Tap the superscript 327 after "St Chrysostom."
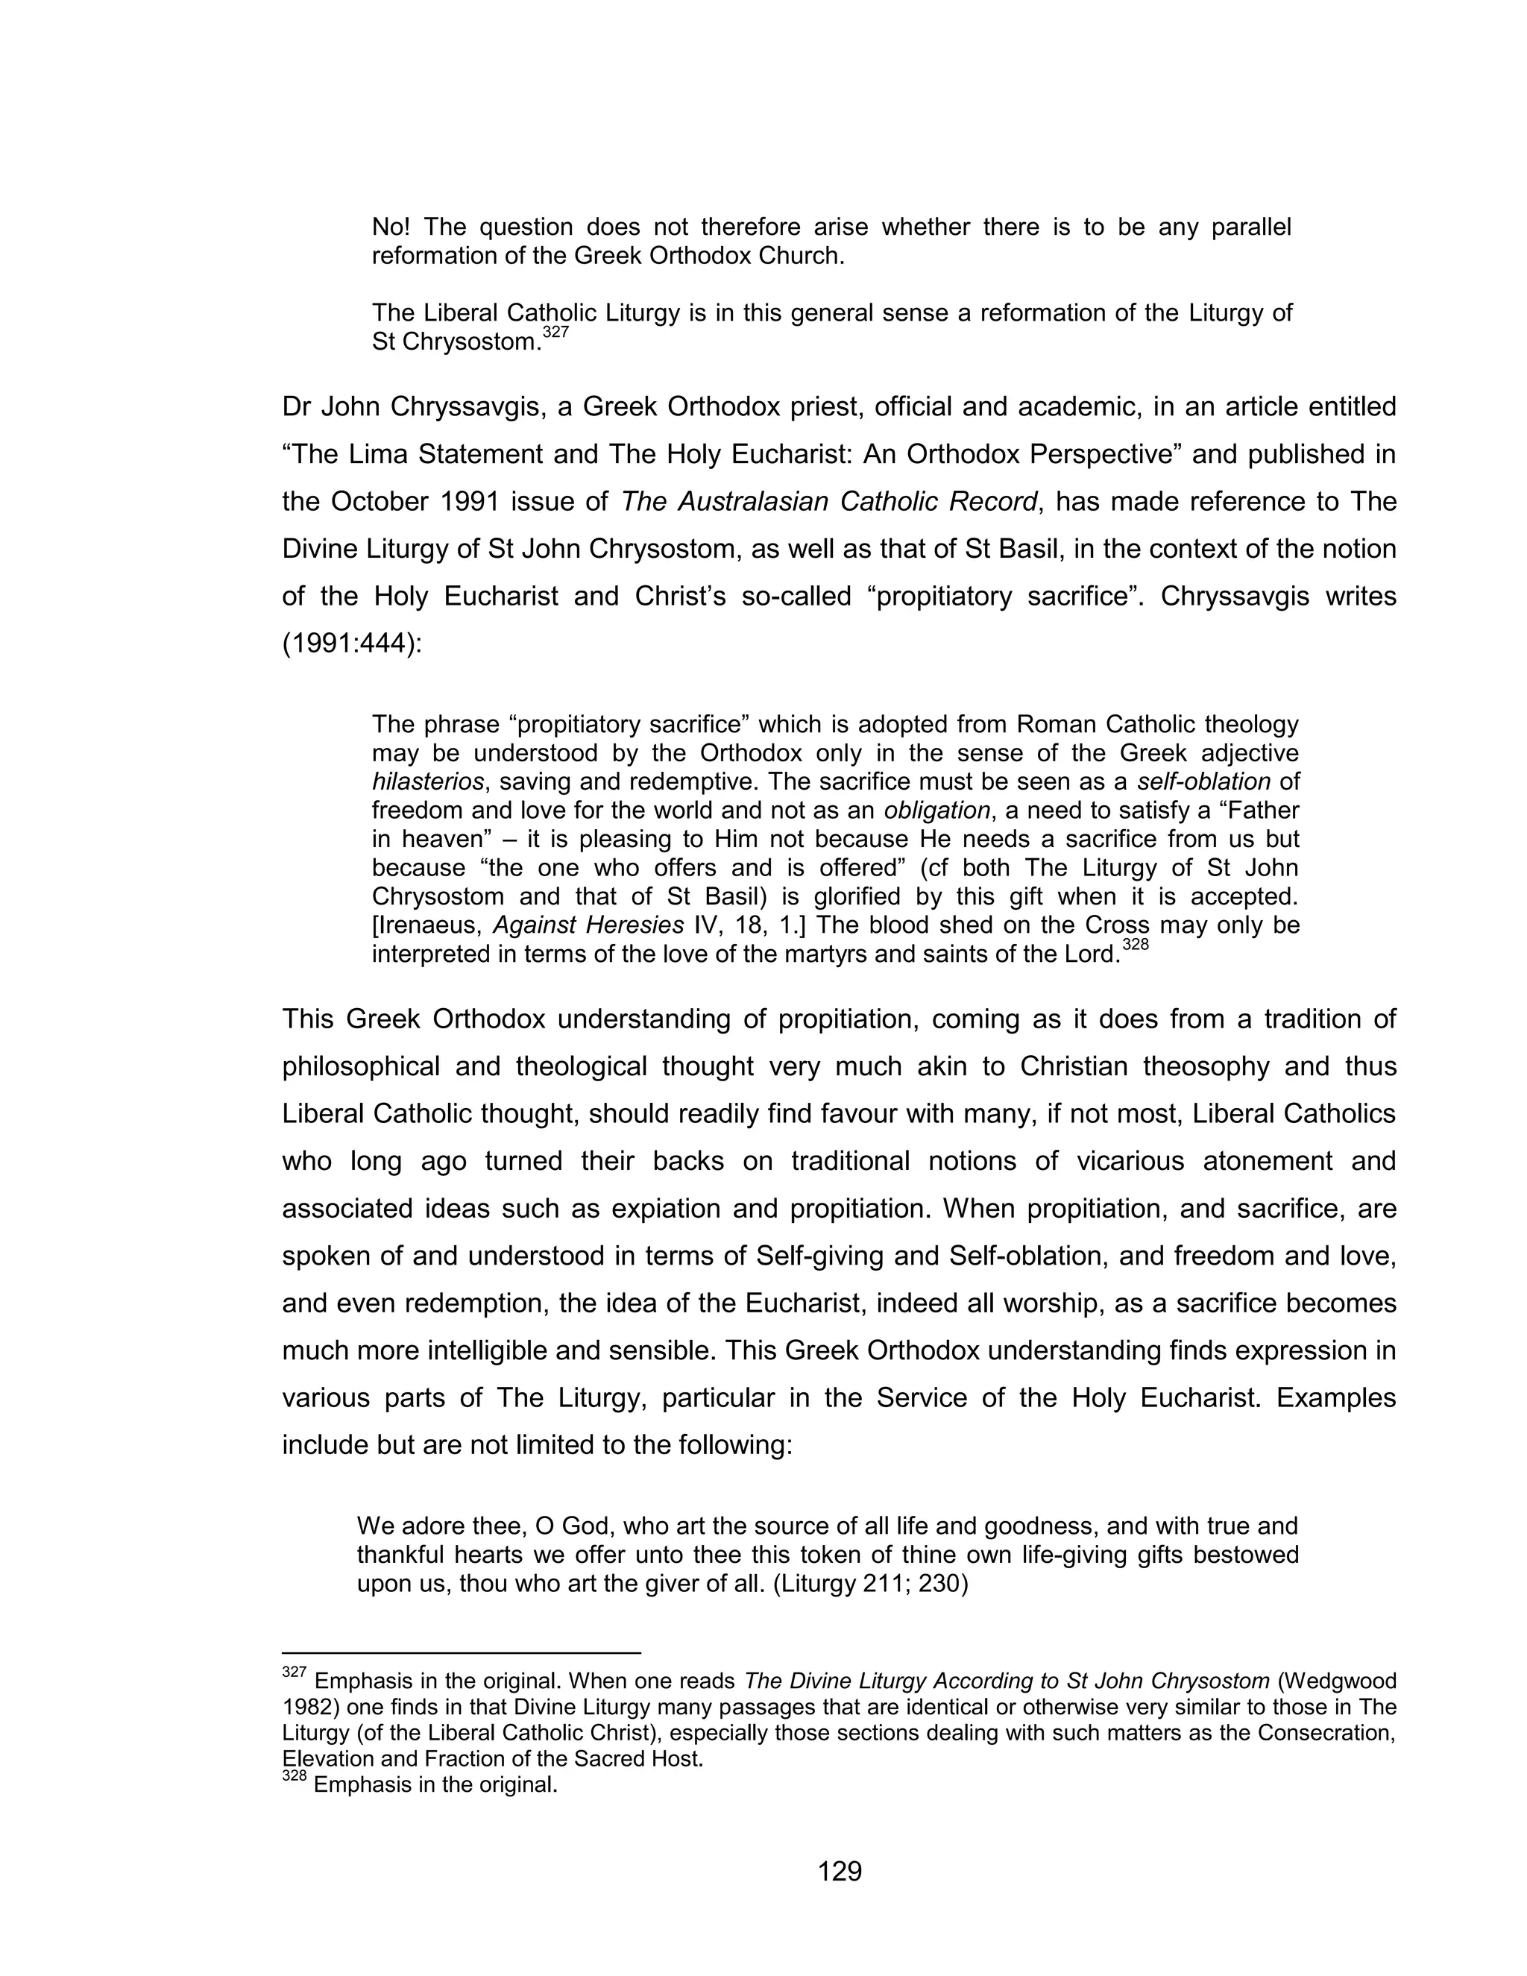click(555, 333)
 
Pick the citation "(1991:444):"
click(352, 644)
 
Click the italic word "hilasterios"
click(427, 781)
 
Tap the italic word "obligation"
click(936, 810)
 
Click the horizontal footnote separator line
click(462, 1653)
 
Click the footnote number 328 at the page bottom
click(294, 1777)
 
